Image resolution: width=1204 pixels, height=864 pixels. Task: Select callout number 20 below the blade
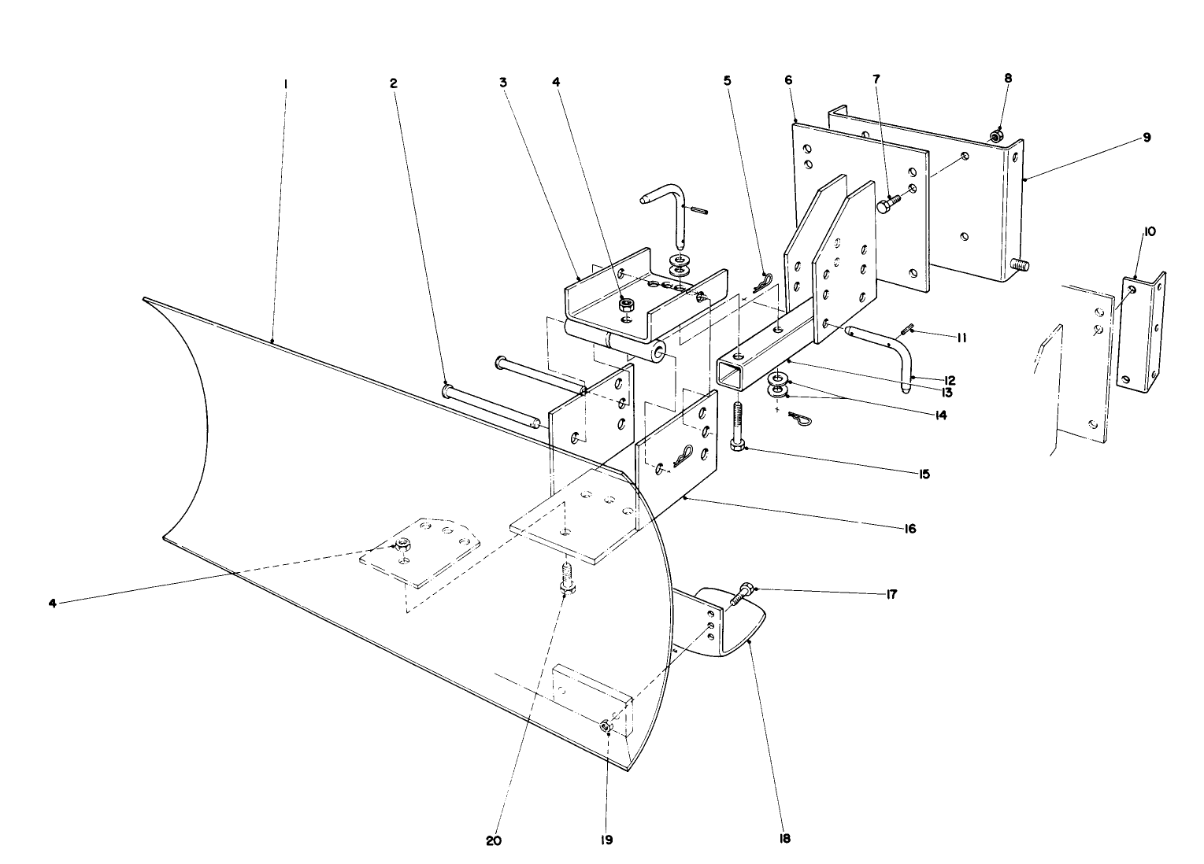pos(493,840)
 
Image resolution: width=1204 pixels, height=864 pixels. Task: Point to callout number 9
pos(1147,137)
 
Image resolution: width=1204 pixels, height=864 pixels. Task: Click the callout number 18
pos(784,839)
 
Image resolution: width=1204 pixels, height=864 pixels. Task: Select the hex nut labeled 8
pos(996,137)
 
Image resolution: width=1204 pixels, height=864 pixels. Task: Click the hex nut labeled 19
pos(607,726)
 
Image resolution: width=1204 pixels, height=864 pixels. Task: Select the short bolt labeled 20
pos(565,578)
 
